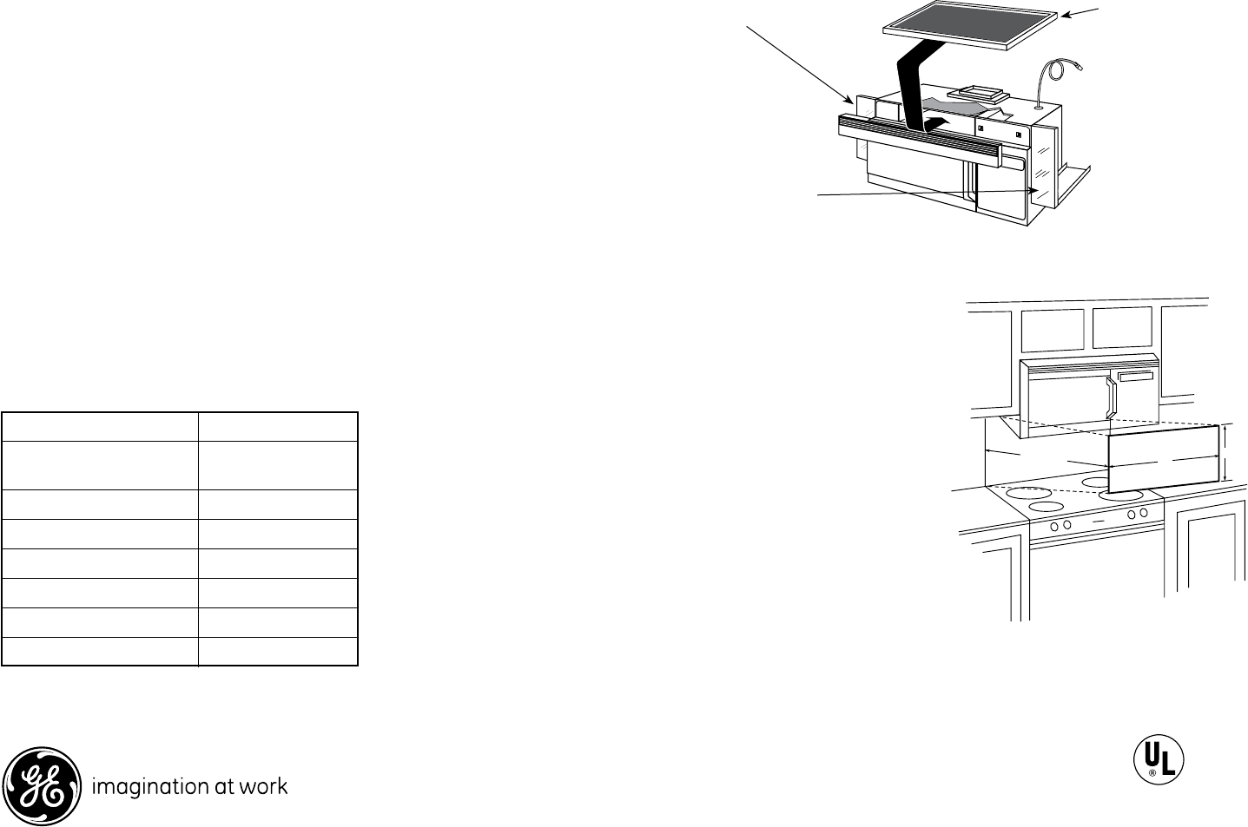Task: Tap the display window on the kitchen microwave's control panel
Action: point(1137,375)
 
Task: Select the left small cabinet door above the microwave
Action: point(1052,331)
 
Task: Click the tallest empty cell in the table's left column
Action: point(100,466)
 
